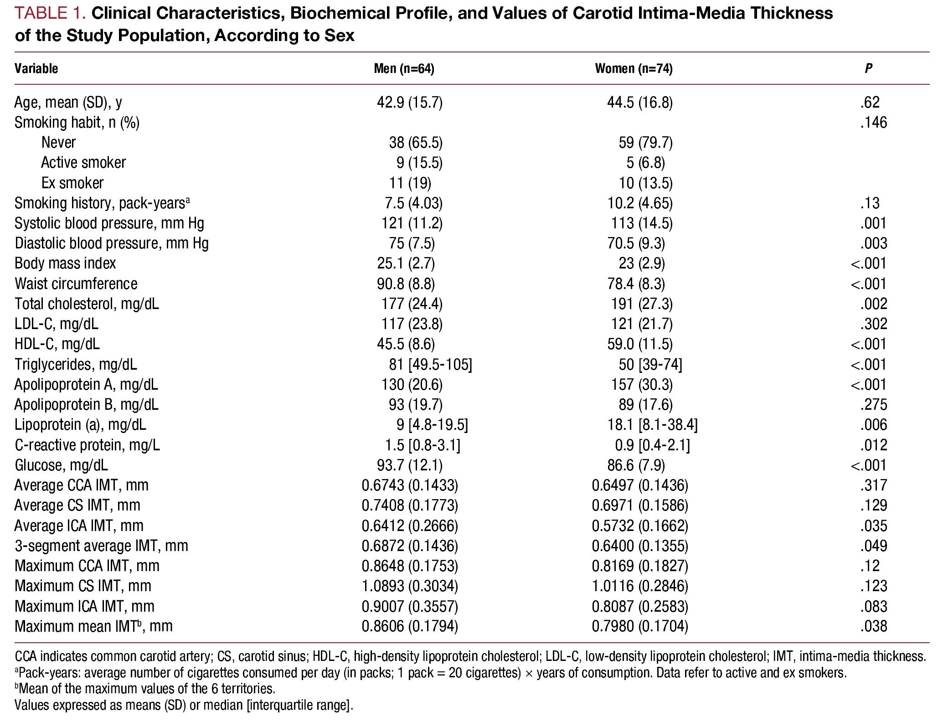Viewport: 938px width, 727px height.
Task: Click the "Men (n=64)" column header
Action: point(404,69)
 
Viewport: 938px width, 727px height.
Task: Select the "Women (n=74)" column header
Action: point(634,69)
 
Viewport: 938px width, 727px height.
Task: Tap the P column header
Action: point(868,69)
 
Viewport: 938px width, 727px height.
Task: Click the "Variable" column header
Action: point(36,69)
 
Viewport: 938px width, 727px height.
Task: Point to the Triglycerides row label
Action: point(76,365)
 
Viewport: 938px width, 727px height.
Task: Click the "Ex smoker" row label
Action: point(72,183)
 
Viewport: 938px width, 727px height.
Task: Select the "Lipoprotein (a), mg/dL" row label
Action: point(80,425)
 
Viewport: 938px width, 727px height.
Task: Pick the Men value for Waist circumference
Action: point(406,284)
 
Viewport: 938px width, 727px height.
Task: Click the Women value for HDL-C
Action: point(639,344)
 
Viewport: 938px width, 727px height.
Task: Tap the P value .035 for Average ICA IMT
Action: point(873,526)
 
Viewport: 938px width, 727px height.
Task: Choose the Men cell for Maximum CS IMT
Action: point(410,586)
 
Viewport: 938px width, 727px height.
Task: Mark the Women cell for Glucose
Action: point(636,465)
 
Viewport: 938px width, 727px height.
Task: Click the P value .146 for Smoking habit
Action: point(873,123)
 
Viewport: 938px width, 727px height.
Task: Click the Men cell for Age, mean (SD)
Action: point(409,103)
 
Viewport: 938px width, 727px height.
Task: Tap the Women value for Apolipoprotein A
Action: point(642,385)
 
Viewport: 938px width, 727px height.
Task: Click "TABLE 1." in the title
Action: point(50,14)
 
